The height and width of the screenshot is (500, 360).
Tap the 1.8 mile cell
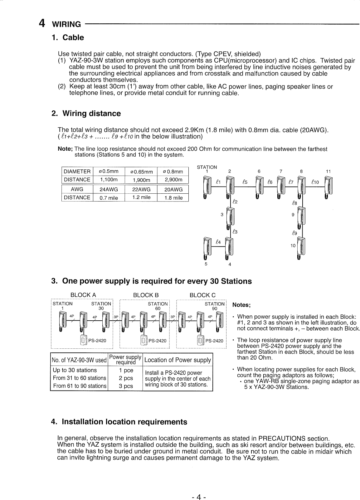click(x=173, y=198)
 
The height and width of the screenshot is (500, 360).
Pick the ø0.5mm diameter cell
click(x=109, y=171)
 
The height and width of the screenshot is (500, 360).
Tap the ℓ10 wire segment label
click(x=315, y=182)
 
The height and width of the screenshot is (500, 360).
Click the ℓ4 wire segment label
click(x=218, y=242)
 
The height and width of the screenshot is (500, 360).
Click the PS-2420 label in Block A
click(x=97, y=341)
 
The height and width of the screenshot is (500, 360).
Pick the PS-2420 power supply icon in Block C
click(x=200, y=341)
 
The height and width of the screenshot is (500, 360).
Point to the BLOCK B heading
click(x=146, y=295)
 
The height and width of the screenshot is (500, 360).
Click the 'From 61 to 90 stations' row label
click(x=80, y=386)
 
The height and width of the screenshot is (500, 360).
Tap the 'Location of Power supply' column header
click(x=178, y=360)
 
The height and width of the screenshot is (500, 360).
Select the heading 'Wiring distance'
click(x=91, y=114)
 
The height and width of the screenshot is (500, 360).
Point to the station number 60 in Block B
click(x=158, y=308)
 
